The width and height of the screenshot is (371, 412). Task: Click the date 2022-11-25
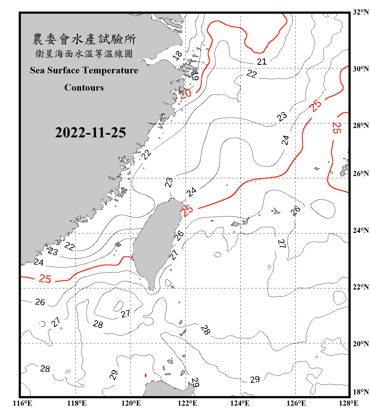[x=90, y=133]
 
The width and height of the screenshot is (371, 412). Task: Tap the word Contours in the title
[x=84, y=88]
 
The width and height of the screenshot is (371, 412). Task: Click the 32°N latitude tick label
[x=361, y=12]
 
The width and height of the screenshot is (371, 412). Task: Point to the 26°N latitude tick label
[x=361, y=174]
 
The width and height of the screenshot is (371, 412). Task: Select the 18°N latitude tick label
[x=361, y=392]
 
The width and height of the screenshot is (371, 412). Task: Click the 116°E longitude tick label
[x=23, y=403]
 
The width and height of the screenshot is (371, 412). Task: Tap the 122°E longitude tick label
[x=187, y=403]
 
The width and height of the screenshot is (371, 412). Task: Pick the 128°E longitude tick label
[x=348, y=403]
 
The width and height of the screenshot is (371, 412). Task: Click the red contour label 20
[x=186, y=94]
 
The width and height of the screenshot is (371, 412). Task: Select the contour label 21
[x=262, y=62]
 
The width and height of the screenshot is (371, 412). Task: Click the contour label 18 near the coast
[x=178, y=56]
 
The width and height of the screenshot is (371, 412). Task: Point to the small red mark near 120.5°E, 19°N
[x=145, y=375]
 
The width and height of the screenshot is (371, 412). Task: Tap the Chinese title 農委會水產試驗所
[x=84, y=39]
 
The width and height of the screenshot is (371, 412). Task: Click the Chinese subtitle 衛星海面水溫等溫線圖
[x=84, y=54]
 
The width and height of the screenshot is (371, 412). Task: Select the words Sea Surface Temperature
[x=84, y=70]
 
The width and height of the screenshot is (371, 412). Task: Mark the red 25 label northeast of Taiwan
[x=188, y=211]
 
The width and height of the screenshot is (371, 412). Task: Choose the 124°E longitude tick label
[x=240, y=403]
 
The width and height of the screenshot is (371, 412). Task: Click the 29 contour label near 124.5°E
[x=255, y=379]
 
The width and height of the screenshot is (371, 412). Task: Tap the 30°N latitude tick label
[x=361, y=69]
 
